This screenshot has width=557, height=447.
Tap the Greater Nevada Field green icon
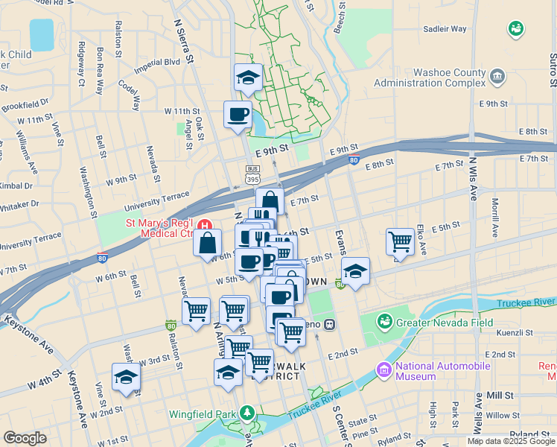point(384,322)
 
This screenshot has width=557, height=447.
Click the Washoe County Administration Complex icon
point(499,75)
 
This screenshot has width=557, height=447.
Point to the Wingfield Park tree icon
point(246,412)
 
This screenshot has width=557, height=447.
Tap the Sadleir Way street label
point(445,29)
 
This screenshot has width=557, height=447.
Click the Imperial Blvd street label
point(157,66)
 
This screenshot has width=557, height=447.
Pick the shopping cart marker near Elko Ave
point(401,241)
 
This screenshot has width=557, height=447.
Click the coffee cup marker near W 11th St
point(238,115)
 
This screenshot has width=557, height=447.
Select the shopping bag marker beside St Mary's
point(207,241)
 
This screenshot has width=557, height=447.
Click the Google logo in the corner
point(25,438)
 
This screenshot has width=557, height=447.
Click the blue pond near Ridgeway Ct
point(42,34)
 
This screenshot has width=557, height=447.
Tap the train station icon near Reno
point(328,324)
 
